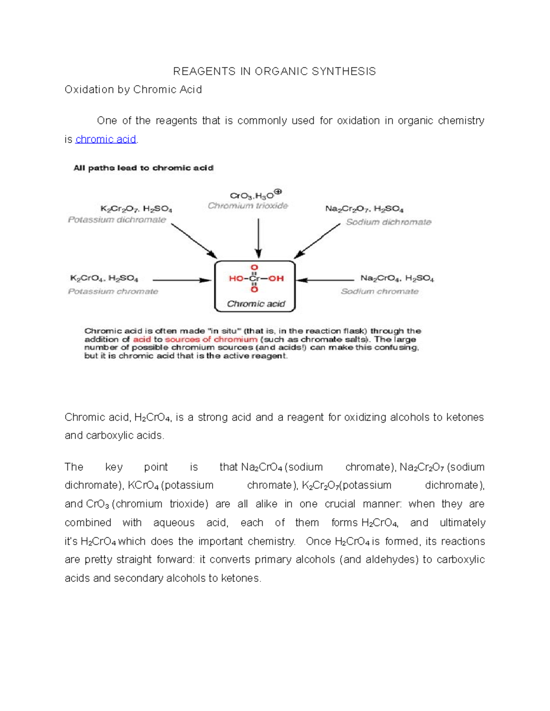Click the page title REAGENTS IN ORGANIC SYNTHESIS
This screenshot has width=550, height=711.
point(274,71)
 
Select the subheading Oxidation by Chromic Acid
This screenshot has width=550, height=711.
point(133,90)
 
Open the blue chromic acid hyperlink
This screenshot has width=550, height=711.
point(106,139)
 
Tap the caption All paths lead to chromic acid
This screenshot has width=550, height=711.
point(143,168)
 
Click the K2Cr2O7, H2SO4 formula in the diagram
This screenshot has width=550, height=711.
point(136,209)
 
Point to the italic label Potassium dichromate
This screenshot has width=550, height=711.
point(117,220)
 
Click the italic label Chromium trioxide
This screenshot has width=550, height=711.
point(248,206)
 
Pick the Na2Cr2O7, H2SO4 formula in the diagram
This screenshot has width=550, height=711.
point(364,209)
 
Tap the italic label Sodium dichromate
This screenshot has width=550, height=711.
point(389,222)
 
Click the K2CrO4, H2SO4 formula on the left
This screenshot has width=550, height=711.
point(104,278)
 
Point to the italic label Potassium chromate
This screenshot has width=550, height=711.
point(113,292)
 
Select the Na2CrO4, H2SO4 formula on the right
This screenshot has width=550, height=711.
point(397,278)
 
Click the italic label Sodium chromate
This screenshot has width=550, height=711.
point(379,292)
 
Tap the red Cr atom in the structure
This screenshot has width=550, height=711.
point(254,278)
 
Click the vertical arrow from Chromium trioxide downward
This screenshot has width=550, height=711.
point(258,238)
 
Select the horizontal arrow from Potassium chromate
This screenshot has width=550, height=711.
point(181,280)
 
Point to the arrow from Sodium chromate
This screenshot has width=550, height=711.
point(325,280)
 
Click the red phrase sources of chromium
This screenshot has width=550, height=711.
point(211,340)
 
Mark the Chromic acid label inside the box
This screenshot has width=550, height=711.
point(256,304)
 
